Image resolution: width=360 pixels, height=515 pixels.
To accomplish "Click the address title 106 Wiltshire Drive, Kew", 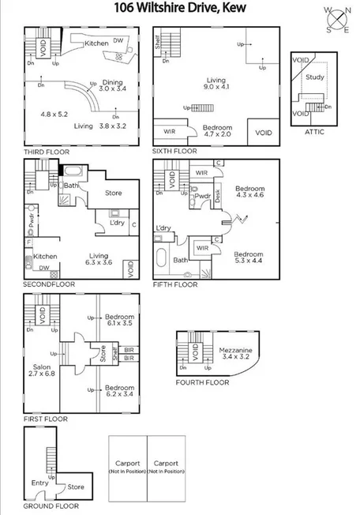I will click(x=178, y=9).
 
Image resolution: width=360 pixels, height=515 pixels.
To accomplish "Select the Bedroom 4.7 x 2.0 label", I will click(x=216, y=130).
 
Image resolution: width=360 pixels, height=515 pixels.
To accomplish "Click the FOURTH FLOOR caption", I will click(x=202, y=383).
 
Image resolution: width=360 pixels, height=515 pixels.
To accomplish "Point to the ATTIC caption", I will click(x=314, y=133).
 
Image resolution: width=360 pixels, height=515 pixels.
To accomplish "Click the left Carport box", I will click(x=127, y=467).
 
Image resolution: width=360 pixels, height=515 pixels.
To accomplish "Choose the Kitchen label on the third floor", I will click(x=96, y=43).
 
